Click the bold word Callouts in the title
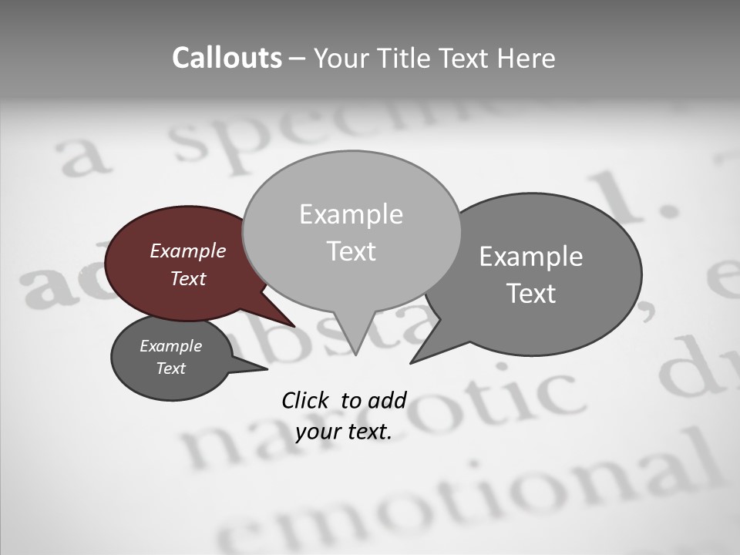click(227, 58)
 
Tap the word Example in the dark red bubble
click(187, 251)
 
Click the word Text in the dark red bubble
click(187, 278)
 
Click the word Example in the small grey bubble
click(170, 346)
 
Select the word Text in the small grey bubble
click(170, 368)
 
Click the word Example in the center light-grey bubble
click(351, 214)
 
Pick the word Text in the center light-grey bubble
click(351, 251)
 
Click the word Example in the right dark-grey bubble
click(530, 257)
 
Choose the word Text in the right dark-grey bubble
click(530, 294)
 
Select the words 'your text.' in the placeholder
click(344, 432)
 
